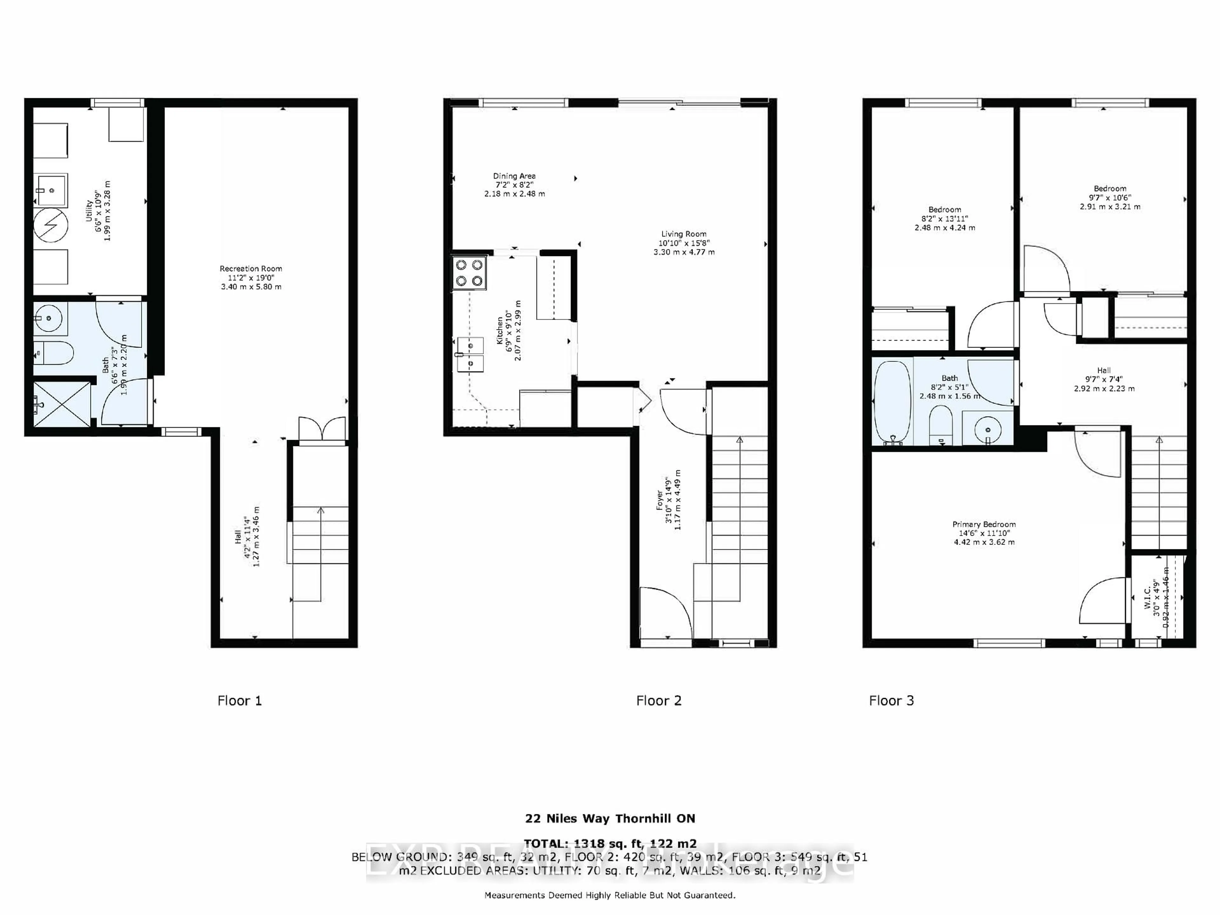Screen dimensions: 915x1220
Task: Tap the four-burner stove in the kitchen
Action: click(469, 273)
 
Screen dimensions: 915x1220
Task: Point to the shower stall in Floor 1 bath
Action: click(61, 404)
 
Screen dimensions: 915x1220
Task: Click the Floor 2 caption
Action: click(659, 701)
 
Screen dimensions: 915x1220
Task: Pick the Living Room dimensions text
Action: click(684, 247)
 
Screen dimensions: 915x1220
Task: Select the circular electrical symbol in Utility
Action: click(51, 225)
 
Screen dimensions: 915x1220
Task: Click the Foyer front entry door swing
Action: click(665, 612)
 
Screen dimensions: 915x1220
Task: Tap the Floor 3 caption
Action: click(891, 701)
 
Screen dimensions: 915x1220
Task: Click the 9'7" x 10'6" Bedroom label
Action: click(1110, 197)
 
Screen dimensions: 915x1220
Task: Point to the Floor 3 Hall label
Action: click(1104, 379)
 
